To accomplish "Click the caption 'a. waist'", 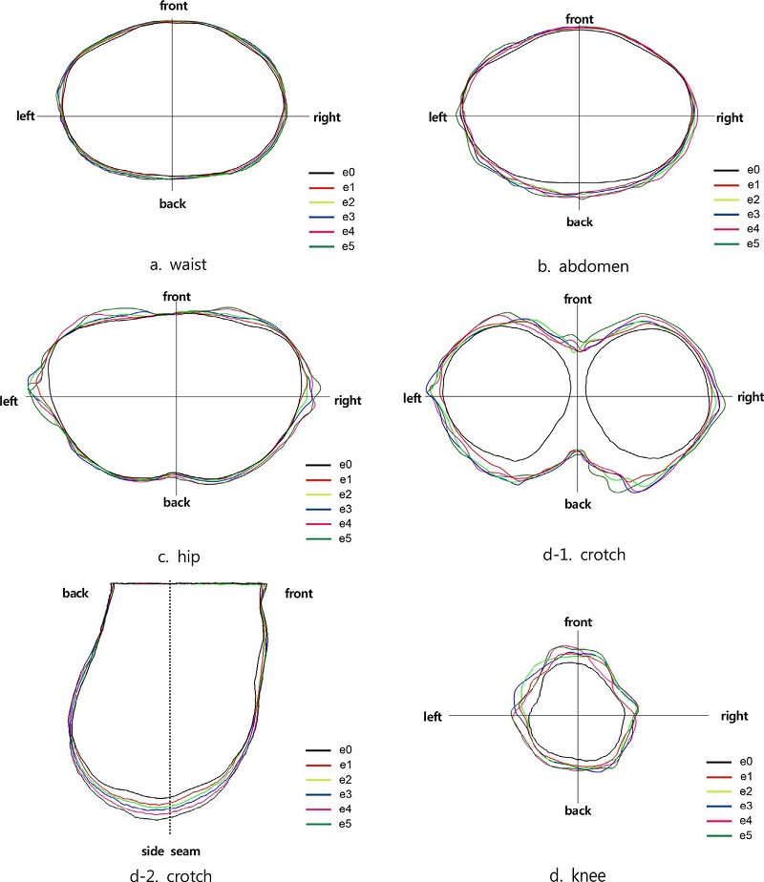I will [x=179, y=263].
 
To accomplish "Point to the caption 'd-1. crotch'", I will [x=582, y=556].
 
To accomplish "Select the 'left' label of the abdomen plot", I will [x=437, y=117].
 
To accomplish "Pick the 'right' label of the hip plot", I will [x=348, y=401].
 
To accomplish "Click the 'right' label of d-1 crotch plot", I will [x=749, y=397].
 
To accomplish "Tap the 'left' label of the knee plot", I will [x=435, y=715].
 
